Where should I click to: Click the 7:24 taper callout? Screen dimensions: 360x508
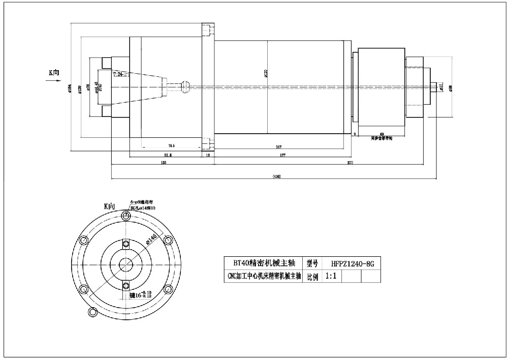coord(118,74)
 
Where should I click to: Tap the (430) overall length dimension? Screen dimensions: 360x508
coord(277,176)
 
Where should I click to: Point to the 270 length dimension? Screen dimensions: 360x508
coord(350,162)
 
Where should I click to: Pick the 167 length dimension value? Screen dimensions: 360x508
coord(279,146)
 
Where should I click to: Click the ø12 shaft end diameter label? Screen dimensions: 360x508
coord(441,87)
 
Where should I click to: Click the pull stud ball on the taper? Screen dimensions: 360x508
coord(184,86)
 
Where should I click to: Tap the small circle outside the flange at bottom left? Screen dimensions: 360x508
coord(92,311)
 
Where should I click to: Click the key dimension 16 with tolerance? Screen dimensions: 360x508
coord(141,294)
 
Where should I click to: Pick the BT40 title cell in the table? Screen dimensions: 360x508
coord(263,263)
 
